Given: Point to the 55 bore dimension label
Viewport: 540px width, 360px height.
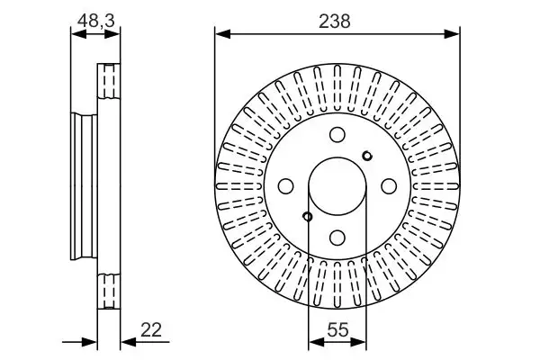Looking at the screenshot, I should [337, 330].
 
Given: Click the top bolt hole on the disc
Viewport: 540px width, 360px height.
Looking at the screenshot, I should [337, 135].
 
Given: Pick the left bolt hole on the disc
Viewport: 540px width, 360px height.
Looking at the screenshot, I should [286, 185].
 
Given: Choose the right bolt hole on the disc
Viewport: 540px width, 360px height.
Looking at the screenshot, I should [389, 185].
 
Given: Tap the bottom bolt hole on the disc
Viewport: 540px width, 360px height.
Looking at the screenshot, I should [337, 237].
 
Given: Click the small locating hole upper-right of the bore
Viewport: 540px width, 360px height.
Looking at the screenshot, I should [366, 157].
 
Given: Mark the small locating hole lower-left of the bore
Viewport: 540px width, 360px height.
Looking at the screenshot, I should [308, 216].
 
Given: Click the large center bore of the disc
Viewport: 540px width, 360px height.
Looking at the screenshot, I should [337, 186].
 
